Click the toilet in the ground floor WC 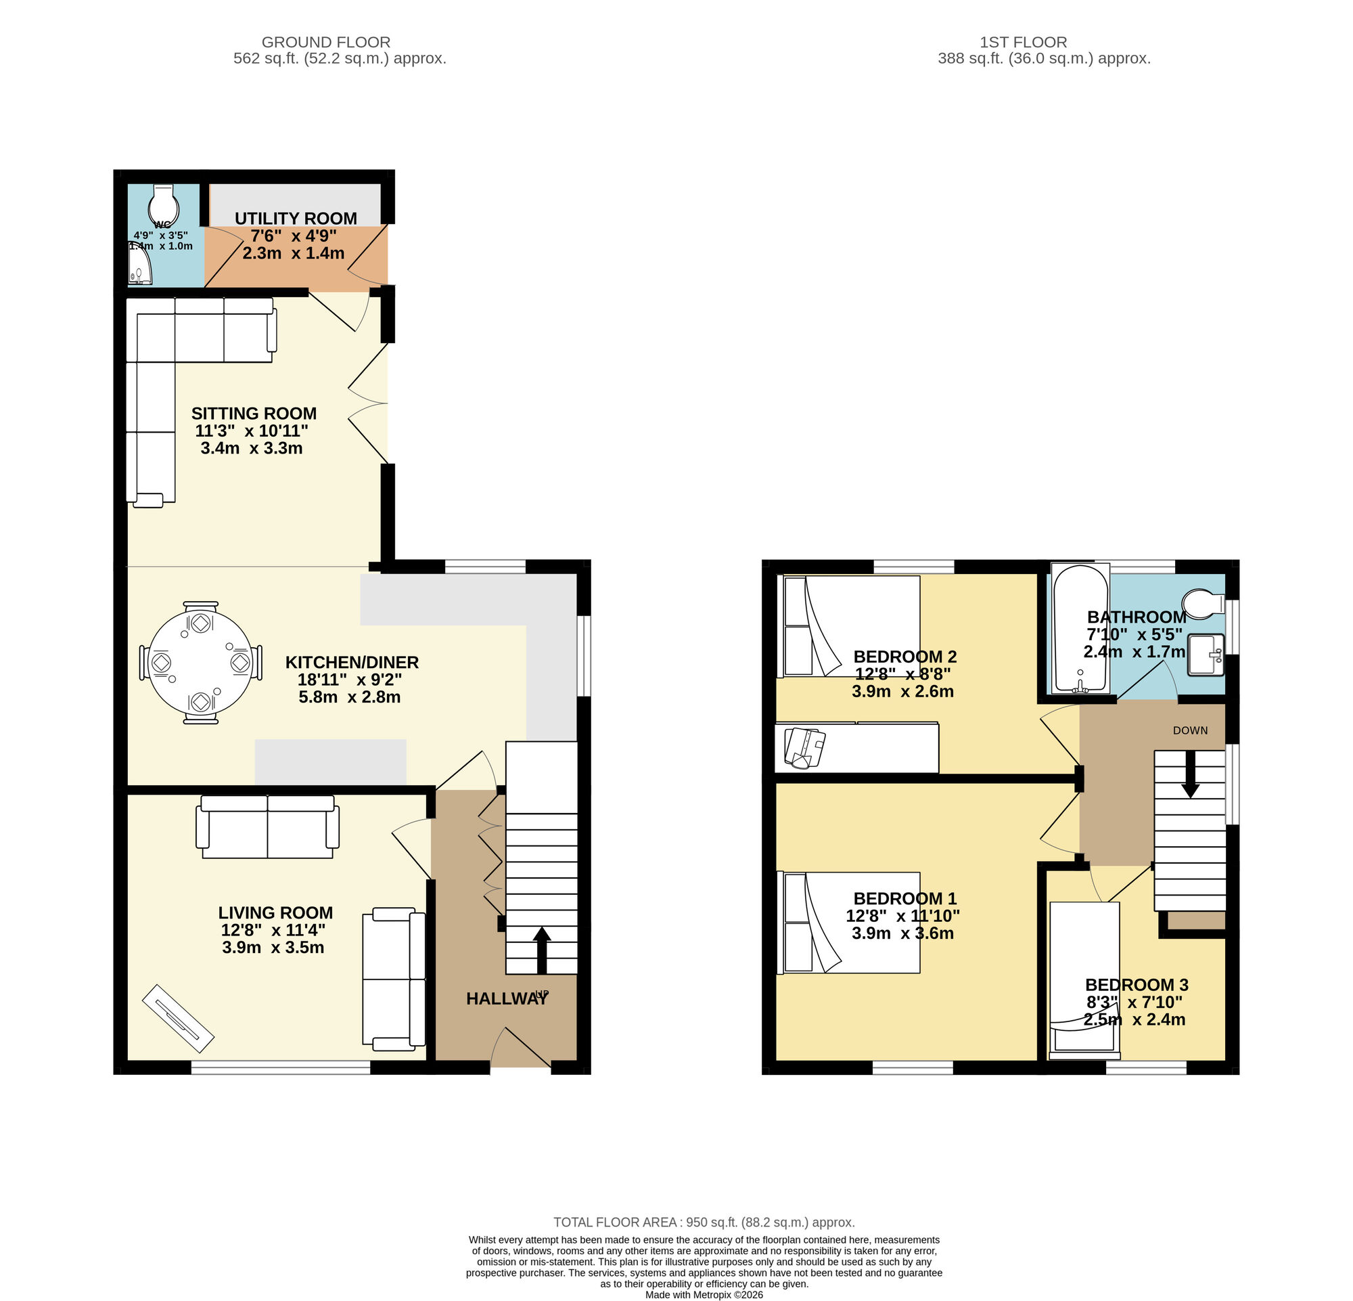click(164, 203)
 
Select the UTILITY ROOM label click(296, 218)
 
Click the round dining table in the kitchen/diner click(200, 662)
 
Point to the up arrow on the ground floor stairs click(542, 950)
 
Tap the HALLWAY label click(505, 998)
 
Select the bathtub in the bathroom click(1080, 629)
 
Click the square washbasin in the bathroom click(1206, 654)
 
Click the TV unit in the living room click(178, 1015)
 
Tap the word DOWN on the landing click(1190, 730)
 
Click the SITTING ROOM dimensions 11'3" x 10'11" click(251, 431)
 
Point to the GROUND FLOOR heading click(326, 42)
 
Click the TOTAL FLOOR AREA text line click(704, 1222)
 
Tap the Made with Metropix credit click(704, 1295)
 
